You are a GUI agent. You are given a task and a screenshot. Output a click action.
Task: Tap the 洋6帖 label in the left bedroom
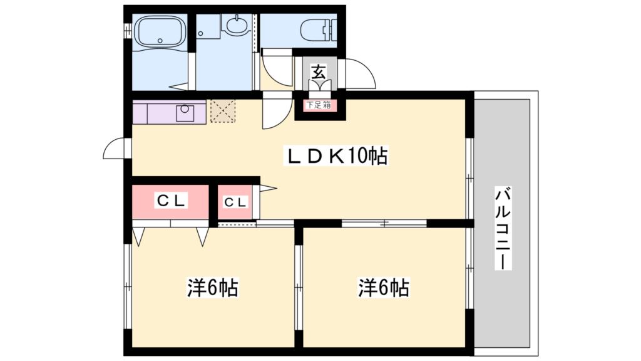tap(213, 288)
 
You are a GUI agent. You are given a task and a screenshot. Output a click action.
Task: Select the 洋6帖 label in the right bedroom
tap(383, 288)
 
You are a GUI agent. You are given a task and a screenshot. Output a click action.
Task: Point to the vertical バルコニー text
tap(503, 228)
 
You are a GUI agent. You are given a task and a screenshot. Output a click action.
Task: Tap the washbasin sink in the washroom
tap(236, 26)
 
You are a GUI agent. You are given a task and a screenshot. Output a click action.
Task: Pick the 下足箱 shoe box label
tap(318, 105)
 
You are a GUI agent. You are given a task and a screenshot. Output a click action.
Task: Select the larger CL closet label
tap(170, 201)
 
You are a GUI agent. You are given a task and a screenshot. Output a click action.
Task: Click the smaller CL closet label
tap(235, 202)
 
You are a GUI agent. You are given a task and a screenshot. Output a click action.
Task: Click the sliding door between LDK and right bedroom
tap(384, 222)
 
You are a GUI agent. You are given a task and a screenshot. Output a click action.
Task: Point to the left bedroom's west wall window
tap(128, 285)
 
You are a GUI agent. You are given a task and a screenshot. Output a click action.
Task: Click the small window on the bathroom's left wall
tap(127, 29)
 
